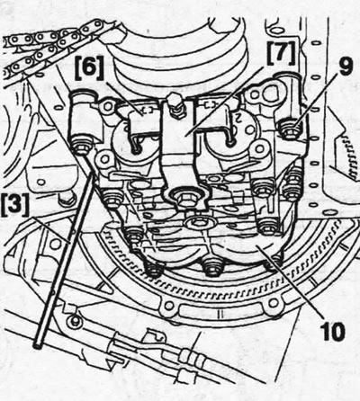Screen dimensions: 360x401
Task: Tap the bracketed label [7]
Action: tap(280, 54)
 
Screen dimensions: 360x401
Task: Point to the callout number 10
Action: tap(331, 331)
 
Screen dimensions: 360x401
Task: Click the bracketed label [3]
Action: tap(15, 204)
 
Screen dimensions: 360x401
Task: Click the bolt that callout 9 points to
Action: tap(290, 130)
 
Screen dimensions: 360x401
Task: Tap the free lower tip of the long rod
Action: tap(38, 346)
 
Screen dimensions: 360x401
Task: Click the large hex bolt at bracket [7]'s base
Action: tap(184, 198)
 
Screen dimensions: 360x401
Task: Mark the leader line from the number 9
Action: tap(314, 104)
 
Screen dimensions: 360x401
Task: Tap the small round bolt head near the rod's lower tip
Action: tap(73, 323)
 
